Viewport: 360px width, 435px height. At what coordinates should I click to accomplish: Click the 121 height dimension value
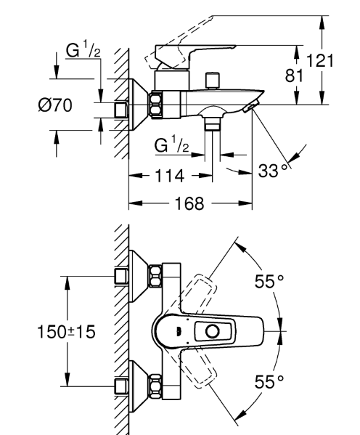point(320,61)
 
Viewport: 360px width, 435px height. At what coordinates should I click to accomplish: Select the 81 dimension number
point(294,76)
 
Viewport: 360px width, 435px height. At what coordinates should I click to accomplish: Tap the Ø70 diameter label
point(55,105)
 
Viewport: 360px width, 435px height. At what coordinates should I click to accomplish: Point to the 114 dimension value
point(169,176)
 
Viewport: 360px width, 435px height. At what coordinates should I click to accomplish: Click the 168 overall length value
point(189,203)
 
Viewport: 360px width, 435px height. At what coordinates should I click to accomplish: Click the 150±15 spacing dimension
point(66,332)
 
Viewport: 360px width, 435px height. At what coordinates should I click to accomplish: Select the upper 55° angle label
point(269,281)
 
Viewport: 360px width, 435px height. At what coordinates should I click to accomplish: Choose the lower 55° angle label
point(269,382)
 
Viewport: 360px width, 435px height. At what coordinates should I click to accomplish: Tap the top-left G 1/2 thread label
point(83,49)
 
